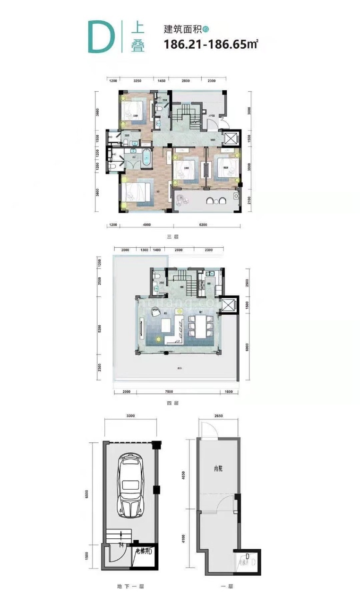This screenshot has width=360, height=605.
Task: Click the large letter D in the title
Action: tap(100, 37)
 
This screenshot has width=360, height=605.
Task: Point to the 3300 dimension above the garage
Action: tap(131, 416)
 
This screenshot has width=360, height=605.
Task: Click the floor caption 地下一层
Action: tap(130, 586)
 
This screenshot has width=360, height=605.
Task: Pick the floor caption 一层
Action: tap(227, 586)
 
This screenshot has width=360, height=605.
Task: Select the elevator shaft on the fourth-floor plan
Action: tap(230, 306)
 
